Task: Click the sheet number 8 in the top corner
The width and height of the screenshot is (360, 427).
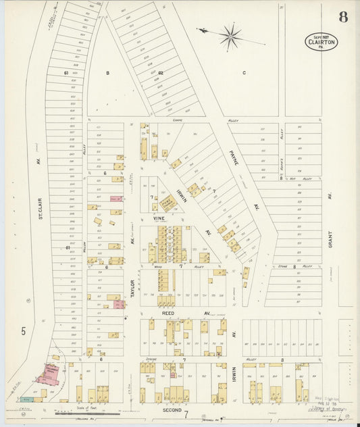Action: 343,17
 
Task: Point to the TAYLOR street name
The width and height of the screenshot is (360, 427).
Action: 133,288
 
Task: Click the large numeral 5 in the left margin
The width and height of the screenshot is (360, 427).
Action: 24,331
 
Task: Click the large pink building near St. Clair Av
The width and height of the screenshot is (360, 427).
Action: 49,374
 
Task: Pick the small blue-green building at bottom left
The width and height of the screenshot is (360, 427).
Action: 26,399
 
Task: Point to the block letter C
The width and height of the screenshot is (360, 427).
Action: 245,72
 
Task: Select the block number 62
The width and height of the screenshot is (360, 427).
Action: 160,72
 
